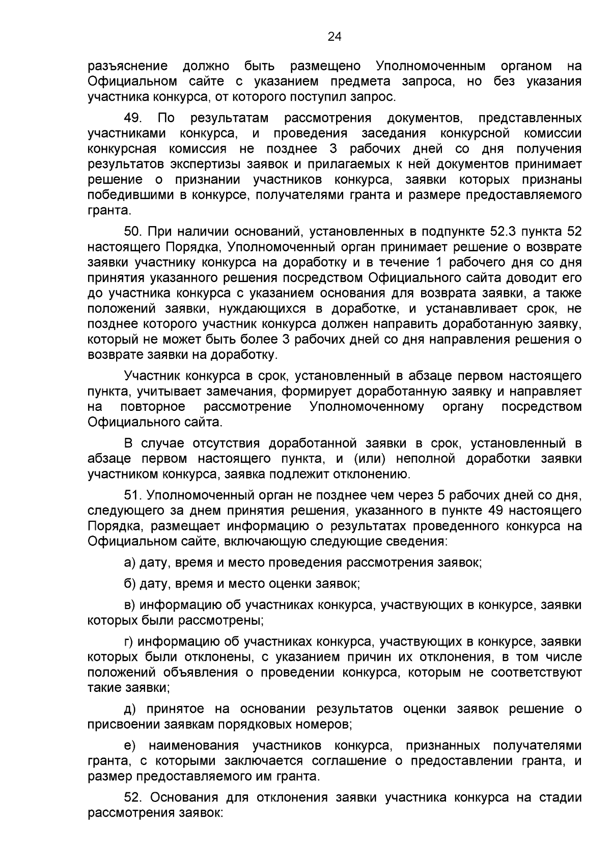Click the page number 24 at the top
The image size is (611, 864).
[334, 36]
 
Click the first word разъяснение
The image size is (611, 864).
[128, 66]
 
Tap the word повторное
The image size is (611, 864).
[153, 407]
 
